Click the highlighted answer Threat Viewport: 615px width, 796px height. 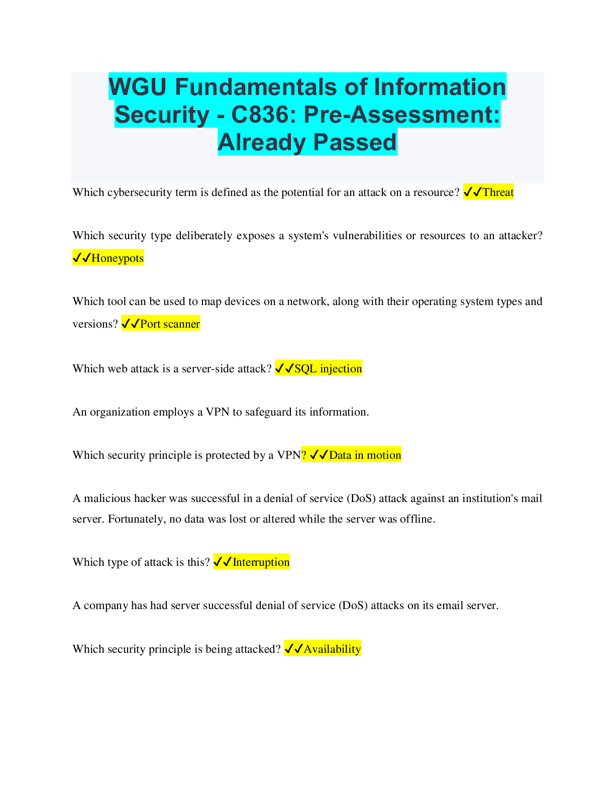point(498,192)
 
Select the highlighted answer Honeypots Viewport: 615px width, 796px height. point(117,258)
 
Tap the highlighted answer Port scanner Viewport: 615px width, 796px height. point(170,324)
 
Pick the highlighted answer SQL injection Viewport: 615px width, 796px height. point(328,369)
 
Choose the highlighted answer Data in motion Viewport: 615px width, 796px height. point(365,455)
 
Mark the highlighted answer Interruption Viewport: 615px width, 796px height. point(261,562)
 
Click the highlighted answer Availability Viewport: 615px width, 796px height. point(332,649)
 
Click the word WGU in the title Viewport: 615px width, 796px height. point(138,87)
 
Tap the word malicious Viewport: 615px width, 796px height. point(107,499)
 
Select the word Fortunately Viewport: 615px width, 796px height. point(136,519)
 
